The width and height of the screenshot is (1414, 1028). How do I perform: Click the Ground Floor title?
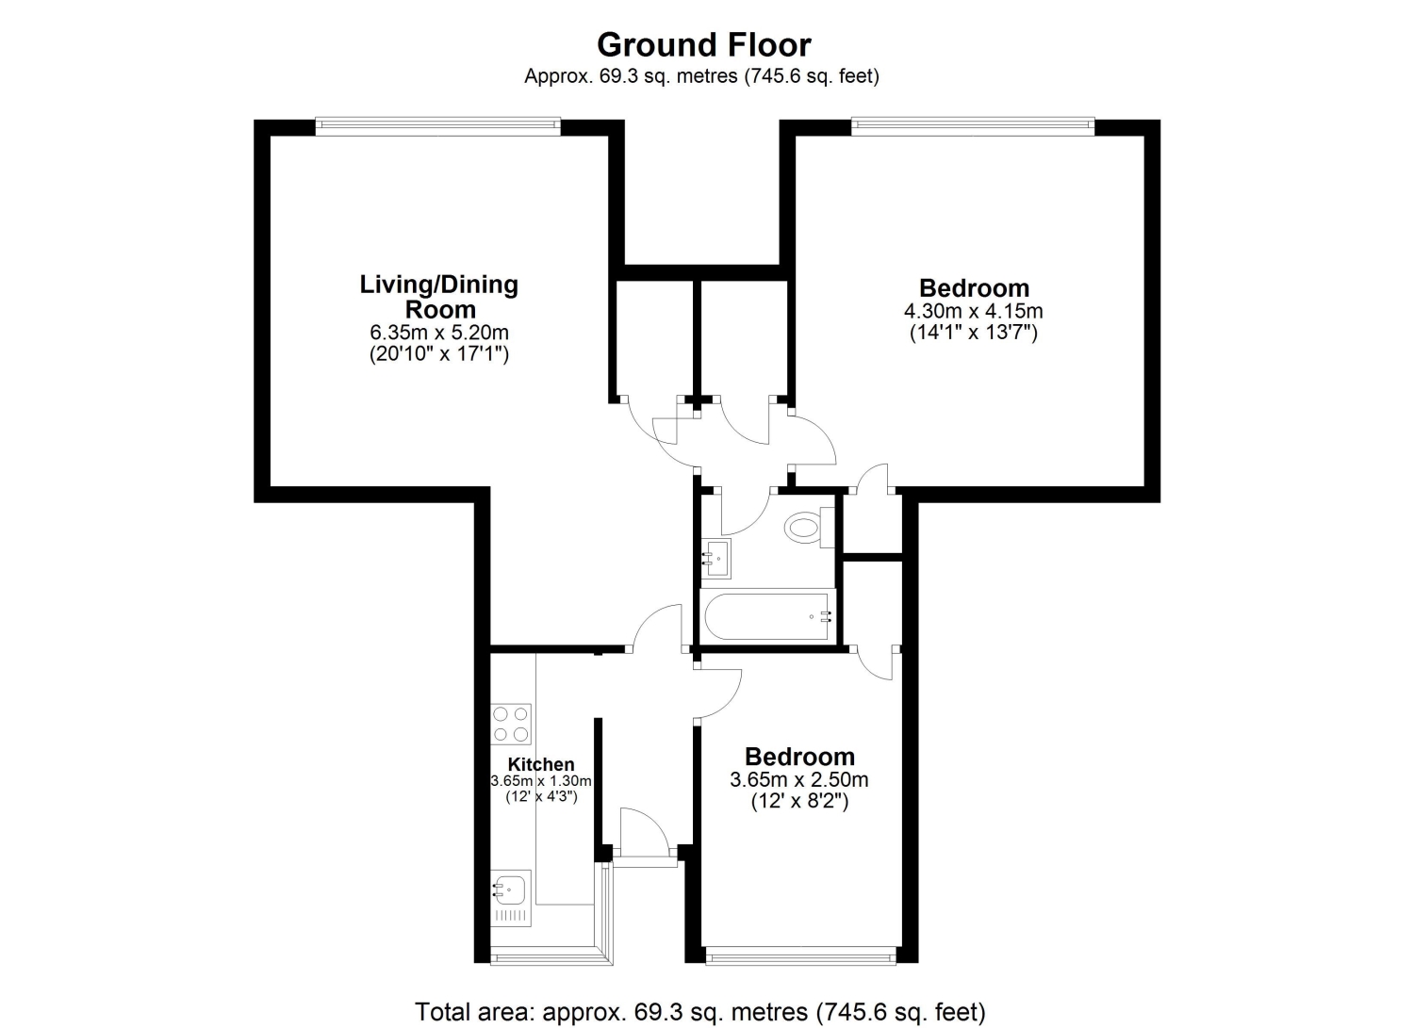pos(704,45)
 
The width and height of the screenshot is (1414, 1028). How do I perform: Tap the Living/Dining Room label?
pos(438,297)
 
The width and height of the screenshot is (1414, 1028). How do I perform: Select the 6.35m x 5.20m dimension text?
pos(438,332)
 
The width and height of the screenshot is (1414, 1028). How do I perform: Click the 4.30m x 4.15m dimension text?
pos(974,311)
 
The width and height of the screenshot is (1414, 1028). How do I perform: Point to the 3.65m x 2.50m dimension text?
pos(799,780)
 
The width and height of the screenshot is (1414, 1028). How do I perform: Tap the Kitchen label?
pos(541,765)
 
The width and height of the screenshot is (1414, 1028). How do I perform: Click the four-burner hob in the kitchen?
pos(511,724)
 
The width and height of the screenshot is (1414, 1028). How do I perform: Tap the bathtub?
pos(767,615)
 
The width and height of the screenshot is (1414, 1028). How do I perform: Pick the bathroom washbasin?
pos(715,559)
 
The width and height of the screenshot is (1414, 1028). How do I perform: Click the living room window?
pos(438,126)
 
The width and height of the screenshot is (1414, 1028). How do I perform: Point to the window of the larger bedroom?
pos(973,126)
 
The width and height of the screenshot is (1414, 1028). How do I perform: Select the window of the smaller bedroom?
pos(800,955)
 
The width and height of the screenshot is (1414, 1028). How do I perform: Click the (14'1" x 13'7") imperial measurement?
pos(974,333)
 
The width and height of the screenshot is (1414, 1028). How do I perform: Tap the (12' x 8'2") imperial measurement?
pos(799,802)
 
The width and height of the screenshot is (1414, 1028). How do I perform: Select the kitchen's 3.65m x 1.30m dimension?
pos(541,780)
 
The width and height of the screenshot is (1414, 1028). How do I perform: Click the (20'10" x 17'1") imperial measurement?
pos(438,354)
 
